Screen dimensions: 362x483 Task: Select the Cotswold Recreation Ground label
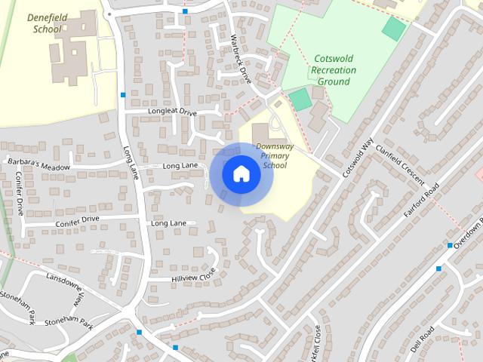point(333,70)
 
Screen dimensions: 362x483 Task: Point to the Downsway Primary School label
point(272,155)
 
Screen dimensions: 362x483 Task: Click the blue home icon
point(241,174)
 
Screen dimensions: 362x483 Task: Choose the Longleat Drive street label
point(172,112)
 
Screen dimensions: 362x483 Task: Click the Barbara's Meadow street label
point(38,164)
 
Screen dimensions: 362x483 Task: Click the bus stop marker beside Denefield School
point(122,94)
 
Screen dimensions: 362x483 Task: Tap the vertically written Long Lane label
point(131,162)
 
